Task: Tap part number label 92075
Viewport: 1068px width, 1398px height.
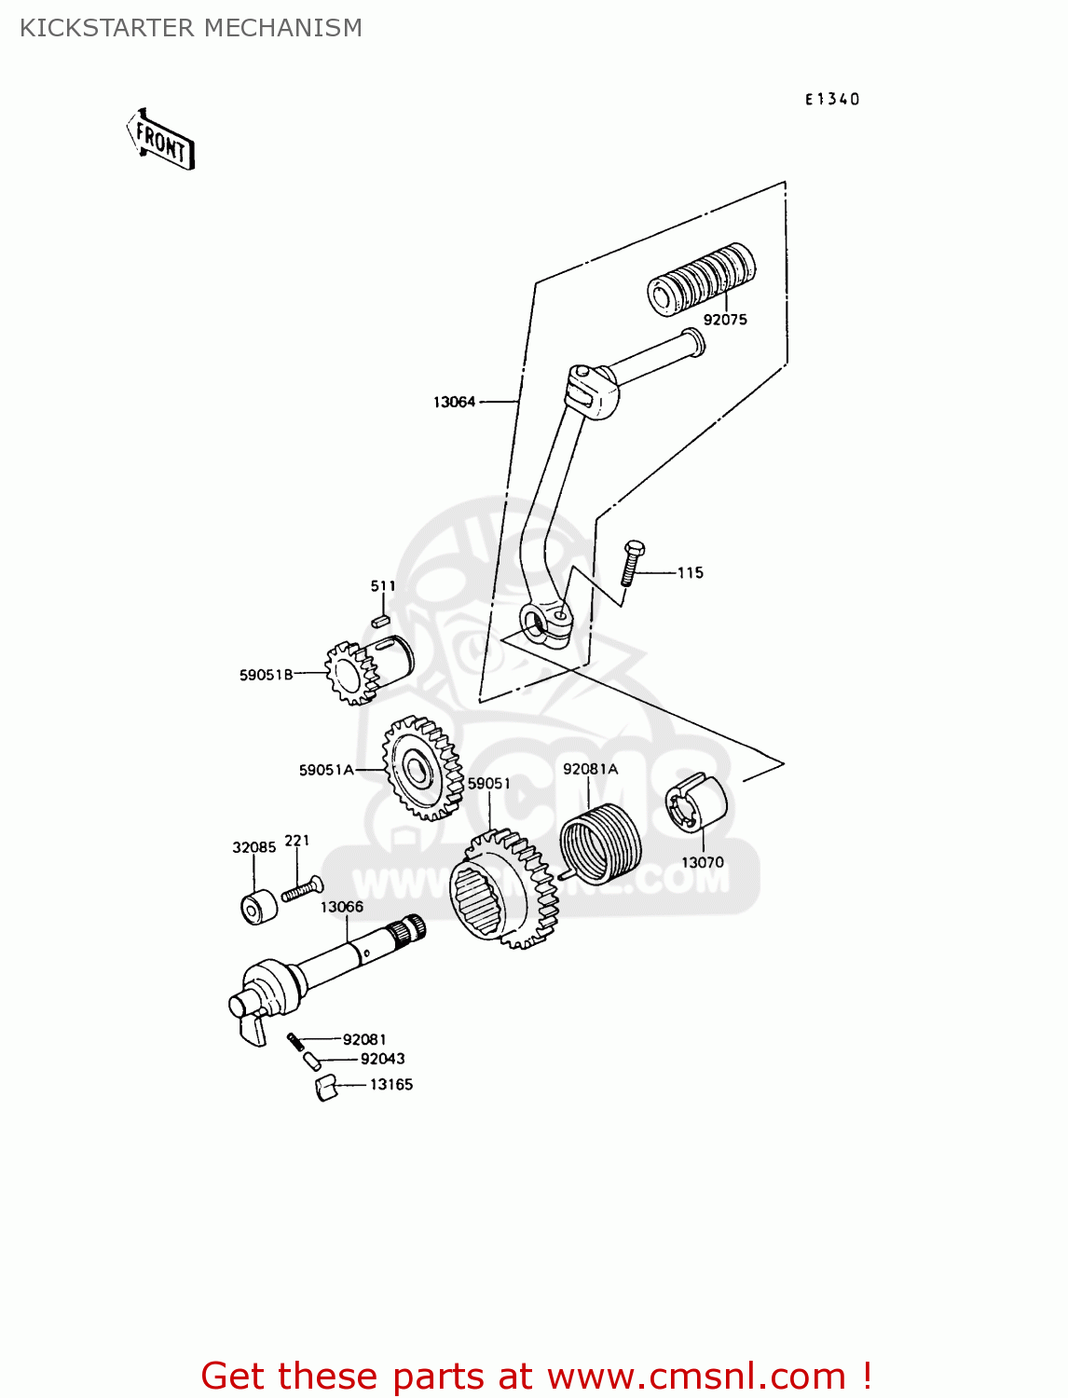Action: click(x=725, y=320)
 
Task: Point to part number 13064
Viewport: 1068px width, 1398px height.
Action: click(x=454, y=402)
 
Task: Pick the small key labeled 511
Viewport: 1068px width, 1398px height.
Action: click(x=379, y=620)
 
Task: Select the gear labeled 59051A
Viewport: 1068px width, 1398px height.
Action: click(x=421, y=769)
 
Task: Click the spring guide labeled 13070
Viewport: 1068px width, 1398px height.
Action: click(x=696, y=802)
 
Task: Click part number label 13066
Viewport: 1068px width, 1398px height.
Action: click(x=342, y=907)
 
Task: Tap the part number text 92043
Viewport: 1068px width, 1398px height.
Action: click(x=382, y=1059)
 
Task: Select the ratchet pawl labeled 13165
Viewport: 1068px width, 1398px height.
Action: click(x=325, y=1088)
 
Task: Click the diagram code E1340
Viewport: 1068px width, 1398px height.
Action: click(x=832, y=99)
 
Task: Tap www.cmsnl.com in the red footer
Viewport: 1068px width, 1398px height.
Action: click(x=695, y=1376)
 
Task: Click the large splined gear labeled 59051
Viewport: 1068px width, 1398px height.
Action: click(x=504, y=890)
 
